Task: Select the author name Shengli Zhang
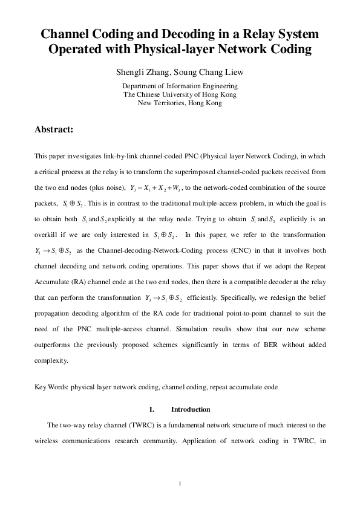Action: click(x=139, y=73)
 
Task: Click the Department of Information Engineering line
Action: click(x=180, y=86)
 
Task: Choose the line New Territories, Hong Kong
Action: click(x=180, y=103)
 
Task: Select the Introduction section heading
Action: click(x=191, y=409)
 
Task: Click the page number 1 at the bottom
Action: click(x=180, y=483)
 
